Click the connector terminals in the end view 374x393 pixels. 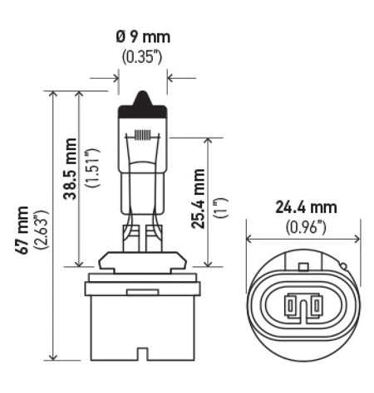coord(303,308)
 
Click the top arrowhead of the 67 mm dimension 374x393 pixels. coord(56,94)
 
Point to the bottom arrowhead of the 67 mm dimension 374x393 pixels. coord(56,357)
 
